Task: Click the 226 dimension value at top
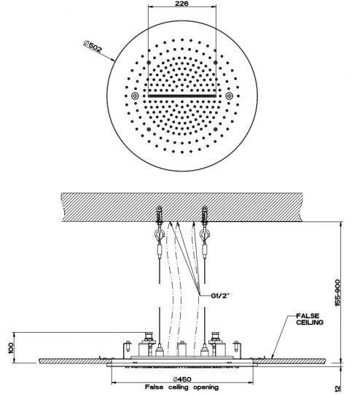[181, 4]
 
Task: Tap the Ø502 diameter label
[93, 47]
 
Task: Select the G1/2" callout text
[220, 295]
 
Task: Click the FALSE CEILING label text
[310, 319]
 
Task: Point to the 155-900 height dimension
[337, 293]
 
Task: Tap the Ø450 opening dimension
[182, 379]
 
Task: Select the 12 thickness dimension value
[338, 388]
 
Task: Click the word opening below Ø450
[206, 387]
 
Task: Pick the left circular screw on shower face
[135, 96]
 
